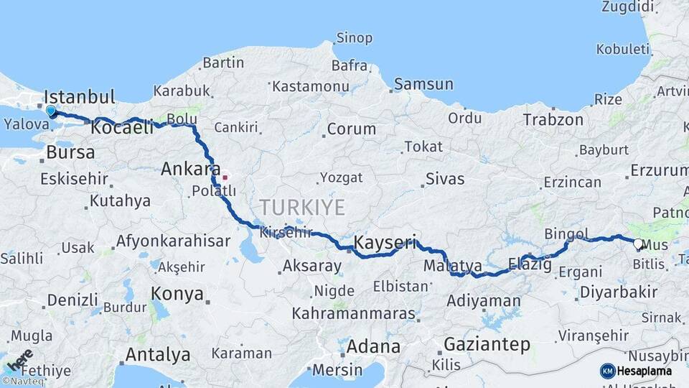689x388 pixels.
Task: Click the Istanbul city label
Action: (x=79, y=97)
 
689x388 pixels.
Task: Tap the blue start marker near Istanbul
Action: (x=51, y=111)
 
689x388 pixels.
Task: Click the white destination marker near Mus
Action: (x=638, y=244)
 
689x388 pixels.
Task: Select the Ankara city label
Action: (x=190, y=170)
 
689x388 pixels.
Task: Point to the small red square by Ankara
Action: (x=225, y=176)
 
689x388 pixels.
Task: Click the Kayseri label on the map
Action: (x=385, y=243)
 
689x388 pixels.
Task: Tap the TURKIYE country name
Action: (x=302, y=208)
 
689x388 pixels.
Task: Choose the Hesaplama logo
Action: (x=637, y=371)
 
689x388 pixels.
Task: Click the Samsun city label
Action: (x=423, y=84)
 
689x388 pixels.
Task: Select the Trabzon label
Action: (x=553, y=119)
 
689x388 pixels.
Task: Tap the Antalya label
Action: (x=158, y=355)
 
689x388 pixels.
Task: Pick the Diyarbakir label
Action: (x=618, y=292)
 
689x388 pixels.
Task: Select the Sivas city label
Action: (x=445, y=179)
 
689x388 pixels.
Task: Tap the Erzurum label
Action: (x=659, y=170)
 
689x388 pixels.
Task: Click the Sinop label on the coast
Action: (x=355, y=38)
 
